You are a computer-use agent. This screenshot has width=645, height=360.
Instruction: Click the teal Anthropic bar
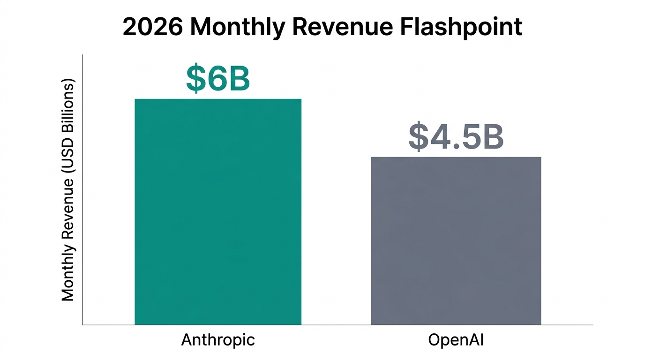[218, 211]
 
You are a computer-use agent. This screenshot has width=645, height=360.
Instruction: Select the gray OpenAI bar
[456, 240]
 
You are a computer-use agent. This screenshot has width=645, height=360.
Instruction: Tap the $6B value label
[218, 79]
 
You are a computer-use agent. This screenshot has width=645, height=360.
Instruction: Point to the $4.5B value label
[456, 137]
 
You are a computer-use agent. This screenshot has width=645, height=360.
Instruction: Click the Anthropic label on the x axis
[218, 340]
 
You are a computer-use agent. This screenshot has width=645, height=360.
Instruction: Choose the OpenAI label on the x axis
[456, 340]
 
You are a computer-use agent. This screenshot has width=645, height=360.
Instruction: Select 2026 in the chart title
[153, 27]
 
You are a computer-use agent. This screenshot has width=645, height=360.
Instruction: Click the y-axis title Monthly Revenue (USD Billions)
[68, 190]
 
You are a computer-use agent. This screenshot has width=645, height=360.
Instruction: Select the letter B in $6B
[238, 79]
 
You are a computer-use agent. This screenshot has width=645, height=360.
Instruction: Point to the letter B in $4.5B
[492, 137]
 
